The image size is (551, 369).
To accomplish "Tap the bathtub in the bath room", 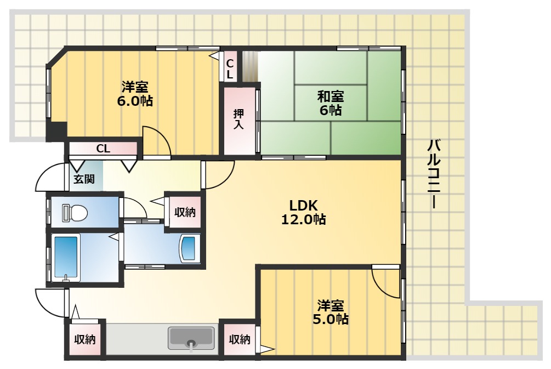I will tap(66, 258).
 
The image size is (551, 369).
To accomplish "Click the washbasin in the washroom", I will tap(190, 248).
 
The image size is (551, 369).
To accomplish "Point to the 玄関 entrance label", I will tap(84, 178).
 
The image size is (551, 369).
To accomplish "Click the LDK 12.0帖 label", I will tap(304, 212).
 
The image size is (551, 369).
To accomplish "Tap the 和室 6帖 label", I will tap(331, 103).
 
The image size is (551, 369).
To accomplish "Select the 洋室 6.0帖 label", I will tap(134, 94).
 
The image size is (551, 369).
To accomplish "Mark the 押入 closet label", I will tap(239, 120).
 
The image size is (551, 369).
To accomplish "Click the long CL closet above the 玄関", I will tap(103, 148).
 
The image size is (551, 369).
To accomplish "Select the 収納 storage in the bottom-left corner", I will tap(85, 339).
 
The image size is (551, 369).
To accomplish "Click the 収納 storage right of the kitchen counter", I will tap(240, 339).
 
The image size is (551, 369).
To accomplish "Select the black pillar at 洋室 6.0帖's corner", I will tap(56, 131).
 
